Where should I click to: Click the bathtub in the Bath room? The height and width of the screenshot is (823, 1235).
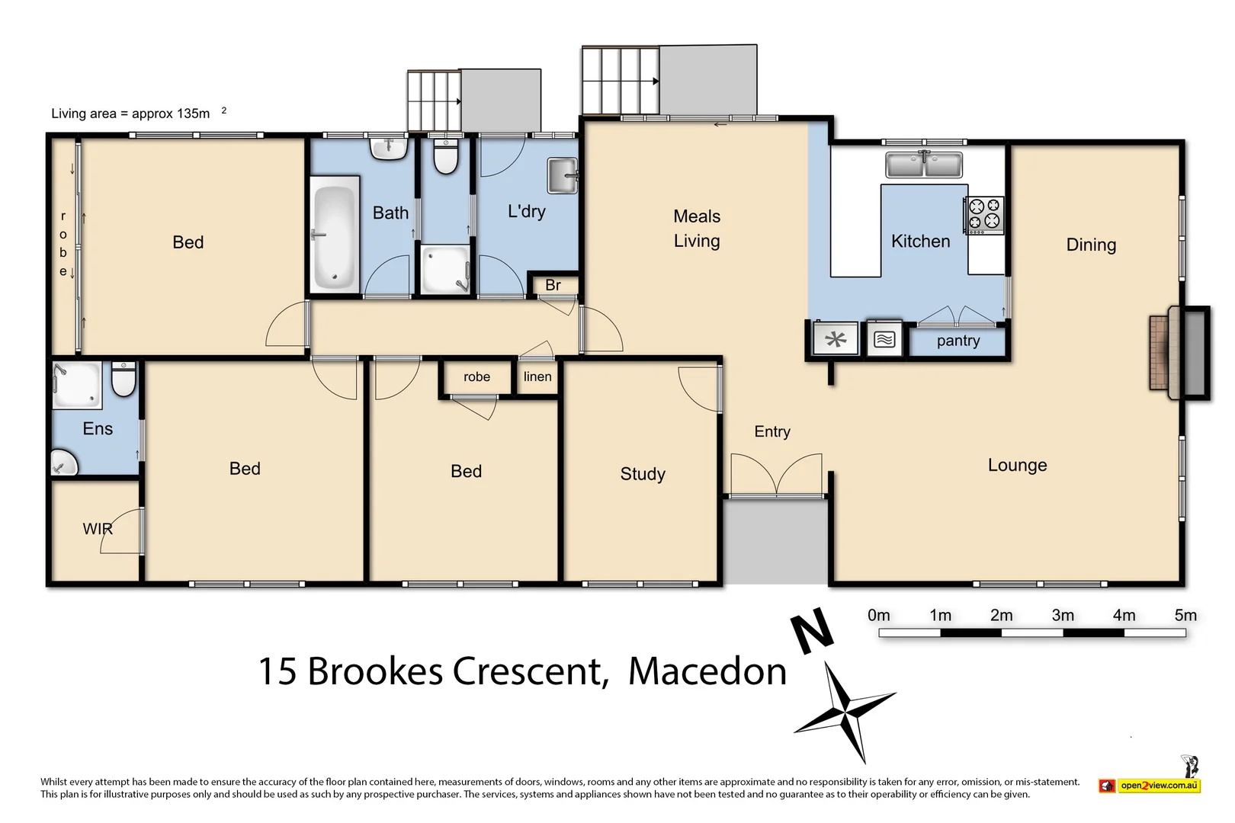click(335, 235)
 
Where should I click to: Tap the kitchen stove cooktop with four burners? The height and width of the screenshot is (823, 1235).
click(984, 214)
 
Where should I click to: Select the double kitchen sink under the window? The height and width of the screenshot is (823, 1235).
click(923, 165)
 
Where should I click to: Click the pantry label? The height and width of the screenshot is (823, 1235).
click(958, 341)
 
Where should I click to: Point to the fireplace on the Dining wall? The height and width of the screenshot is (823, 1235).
click(1179, 352)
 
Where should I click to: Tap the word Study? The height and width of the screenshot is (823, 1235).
click(643, 474)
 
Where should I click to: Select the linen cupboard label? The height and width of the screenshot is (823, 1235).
click(537, 376)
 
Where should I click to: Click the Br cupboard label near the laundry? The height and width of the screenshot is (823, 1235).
click(553, 285)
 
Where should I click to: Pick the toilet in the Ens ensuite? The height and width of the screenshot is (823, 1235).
click(124, 378)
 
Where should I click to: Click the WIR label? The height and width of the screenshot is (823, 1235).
click(98, 529)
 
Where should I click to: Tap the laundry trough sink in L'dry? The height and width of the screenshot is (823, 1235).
click(563, 175)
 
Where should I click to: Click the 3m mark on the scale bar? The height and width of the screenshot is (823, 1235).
click(1062, 616)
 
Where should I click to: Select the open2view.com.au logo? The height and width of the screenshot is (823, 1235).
click(1150, 785)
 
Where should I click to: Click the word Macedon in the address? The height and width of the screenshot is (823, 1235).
click(707, 671)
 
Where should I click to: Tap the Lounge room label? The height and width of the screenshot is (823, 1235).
click(1017, 465)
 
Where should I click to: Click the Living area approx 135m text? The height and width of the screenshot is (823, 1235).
click(131, 114)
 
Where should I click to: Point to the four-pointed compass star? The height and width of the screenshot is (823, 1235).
click(845, 713)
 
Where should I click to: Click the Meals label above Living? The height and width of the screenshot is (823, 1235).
click(697, 216)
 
